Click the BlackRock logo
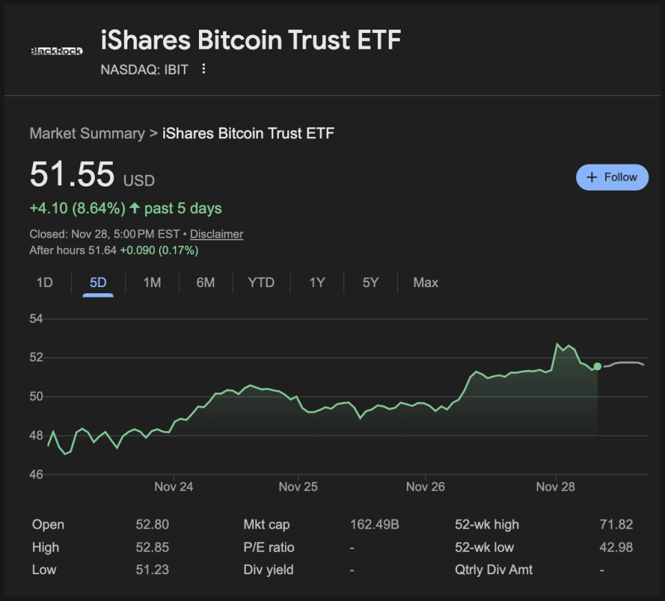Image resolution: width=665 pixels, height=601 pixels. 56,50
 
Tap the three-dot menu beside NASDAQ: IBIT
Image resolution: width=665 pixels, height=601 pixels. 203,69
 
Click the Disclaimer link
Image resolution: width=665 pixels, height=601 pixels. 216,234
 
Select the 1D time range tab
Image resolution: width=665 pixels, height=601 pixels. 44,282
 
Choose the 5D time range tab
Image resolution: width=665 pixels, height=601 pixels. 98,282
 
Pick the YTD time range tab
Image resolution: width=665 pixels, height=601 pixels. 261,282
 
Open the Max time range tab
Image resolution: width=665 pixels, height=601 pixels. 425,282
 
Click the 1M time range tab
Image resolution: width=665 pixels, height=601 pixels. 152,282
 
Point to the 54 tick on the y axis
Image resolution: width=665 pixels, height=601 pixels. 36,319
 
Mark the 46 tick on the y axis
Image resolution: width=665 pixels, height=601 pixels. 36,474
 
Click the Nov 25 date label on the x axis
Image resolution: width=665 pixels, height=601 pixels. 298,487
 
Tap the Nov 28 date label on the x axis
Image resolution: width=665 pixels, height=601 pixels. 556,487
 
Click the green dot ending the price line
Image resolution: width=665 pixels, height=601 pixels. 597,366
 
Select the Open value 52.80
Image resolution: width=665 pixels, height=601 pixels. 152,525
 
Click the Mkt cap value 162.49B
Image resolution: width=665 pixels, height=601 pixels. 374,525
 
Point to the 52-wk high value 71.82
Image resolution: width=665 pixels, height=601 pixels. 616,525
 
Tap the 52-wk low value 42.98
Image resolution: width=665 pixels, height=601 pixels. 616,547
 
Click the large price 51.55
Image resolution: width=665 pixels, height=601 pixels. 72,174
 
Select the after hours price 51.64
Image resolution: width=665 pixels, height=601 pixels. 103,251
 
